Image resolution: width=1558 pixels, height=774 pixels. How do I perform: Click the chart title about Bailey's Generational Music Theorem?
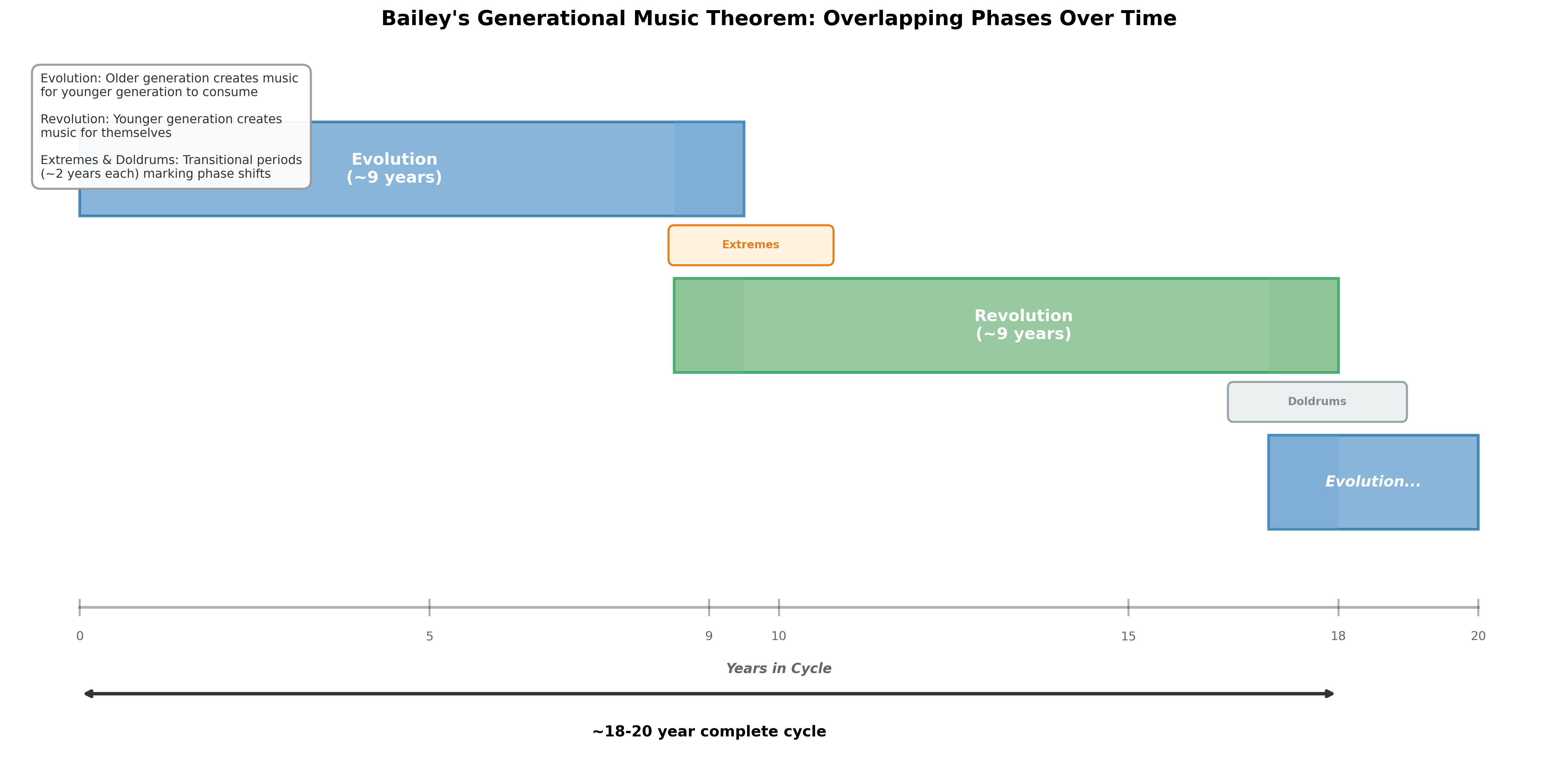pyautogui.click(x=779, y=19)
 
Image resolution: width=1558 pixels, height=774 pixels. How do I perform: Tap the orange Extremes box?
pyautogui.click(x=751, y=245)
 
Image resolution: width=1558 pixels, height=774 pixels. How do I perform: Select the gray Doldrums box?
pyautogui.click(x=1317, y=402)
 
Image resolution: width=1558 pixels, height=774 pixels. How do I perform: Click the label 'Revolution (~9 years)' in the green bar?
pyautogui.click(x=1023, y=325)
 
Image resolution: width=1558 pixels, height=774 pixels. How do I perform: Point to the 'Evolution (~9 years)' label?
pyautogui.click(x=394, y=168)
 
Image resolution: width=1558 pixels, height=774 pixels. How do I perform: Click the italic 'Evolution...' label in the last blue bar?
pyautogui.click(x=1373, y=482)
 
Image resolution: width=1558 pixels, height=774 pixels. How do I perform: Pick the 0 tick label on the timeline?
pyautogui.click(x=80, y=636)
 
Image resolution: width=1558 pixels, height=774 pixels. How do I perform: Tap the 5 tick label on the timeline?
pyautogui.click(x=430, y=636)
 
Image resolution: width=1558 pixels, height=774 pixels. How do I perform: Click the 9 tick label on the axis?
pyautogui.click(x=709, y=636)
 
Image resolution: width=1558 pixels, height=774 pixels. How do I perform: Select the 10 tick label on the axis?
pyautogui.click(x=779, y=636)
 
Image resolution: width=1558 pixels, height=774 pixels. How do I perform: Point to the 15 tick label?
pyautogui.click(x=1128, y=636)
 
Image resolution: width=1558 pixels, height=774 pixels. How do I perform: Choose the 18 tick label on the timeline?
pyautogui.click(x=1339, y=636)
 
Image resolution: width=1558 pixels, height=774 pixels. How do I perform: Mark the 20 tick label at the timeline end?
pyautogui.click(x=1478, y=636)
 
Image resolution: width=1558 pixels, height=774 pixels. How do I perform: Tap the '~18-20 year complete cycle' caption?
pyautogui.click(x=709, y=732)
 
